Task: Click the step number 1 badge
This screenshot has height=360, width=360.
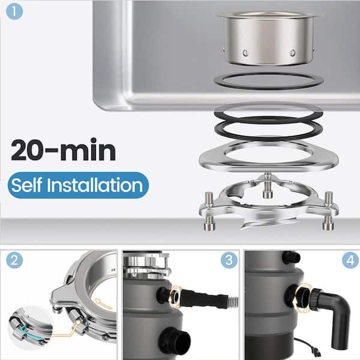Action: pyautogui.click(x=14, y=11)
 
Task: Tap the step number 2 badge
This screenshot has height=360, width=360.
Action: pyautogui.click(x=14, y=260)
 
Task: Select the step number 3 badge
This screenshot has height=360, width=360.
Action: pyautogui.click(x=229, y=260)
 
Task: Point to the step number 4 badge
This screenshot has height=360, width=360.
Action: pyautogui.click(x=350, y=260)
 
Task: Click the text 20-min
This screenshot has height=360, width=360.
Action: pyautogui.click(x=63, y=149)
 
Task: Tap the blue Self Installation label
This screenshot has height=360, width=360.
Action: pyautogui.click(x=78, y=185)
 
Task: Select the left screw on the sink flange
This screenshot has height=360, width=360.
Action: pyautogui.click(x=245, y=53)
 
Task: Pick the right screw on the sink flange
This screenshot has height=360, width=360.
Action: pyautogui.click(x=292, y=53)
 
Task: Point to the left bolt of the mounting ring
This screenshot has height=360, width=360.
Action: pyautogui.click(x=209, y=211)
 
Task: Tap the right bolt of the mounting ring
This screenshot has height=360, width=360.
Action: pyautogui.click(x=328, y=211)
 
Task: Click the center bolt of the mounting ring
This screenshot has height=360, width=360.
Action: pyautogui.click(x=268, y=186)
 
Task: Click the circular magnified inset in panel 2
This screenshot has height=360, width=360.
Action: pyautogui.click(x=31, y=327)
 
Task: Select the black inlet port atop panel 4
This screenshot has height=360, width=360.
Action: pyautogui.click(x=291, y=257)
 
